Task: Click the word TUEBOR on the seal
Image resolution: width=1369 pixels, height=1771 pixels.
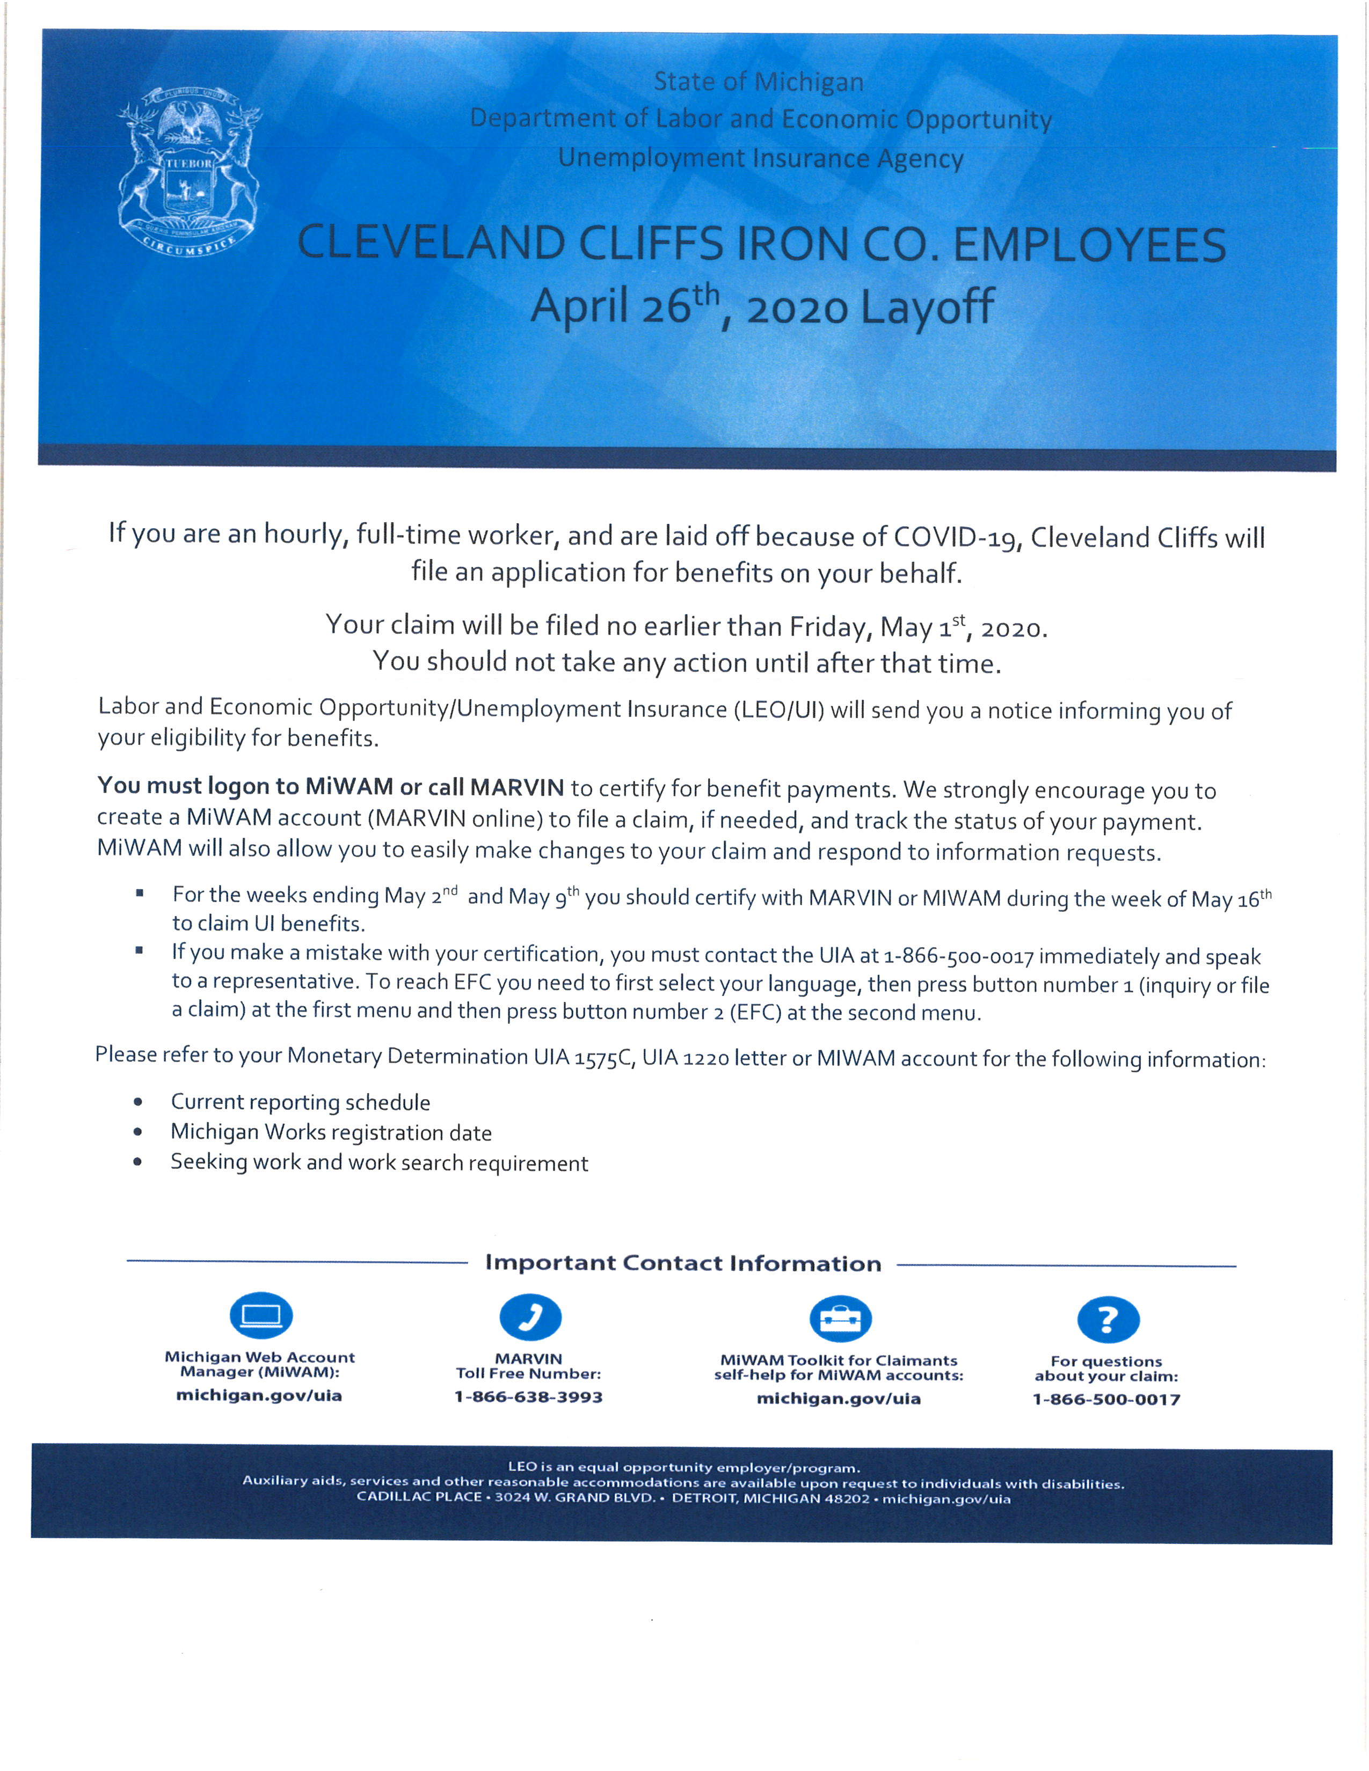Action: click(190, 163)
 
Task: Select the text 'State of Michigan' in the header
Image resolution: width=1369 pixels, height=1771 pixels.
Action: click(758, 82)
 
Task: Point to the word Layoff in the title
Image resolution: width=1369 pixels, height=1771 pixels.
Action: click(927, 306)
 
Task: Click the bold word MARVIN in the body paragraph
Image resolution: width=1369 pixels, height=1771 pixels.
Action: click(516, 787)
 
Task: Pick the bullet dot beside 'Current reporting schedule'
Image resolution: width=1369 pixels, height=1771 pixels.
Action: click(139, 1102)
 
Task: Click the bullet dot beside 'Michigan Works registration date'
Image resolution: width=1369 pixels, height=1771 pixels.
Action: click(139, 1132)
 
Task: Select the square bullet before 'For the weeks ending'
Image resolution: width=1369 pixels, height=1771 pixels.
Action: click(140, 894)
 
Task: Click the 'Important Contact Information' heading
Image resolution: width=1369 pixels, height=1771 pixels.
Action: click(683, 1263)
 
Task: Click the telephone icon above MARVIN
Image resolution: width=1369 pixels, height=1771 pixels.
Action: click(530, 1316)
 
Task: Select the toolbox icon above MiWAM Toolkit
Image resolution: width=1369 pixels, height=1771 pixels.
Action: click(840, 1318)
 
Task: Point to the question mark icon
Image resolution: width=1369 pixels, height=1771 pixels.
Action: click(1108, 1319)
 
